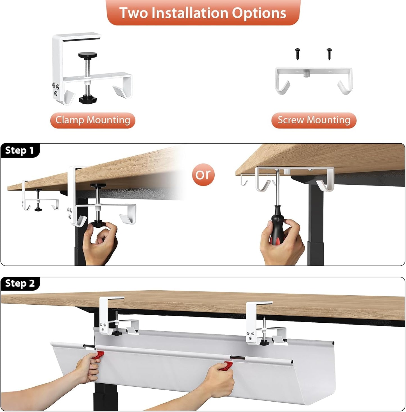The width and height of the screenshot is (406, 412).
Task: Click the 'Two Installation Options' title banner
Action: click(x=203, y=13)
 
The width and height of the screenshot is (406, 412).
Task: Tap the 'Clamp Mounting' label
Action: click(x=93, y=120)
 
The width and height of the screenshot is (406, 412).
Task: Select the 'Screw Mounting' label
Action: click(x=314, y=120)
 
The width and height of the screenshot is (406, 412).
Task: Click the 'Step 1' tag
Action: click(x=20, y=150)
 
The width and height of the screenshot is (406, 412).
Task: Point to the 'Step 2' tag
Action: click(x=20, y=283)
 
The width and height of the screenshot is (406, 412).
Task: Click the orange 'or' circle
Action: click(x=203, y=175)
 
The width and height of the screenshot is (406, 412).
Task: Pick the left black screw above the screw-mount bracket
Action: click(x=298, y=53)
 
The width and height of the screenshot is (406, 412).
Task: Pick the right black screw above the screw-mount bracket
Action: click(x=329, y=53)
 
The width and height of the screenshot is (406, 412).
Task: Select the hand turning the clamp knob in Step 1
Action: click(x=100, y=242)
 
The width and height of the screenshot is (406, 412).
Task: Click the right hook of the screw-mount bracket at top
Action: click(x=344, y=87)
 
